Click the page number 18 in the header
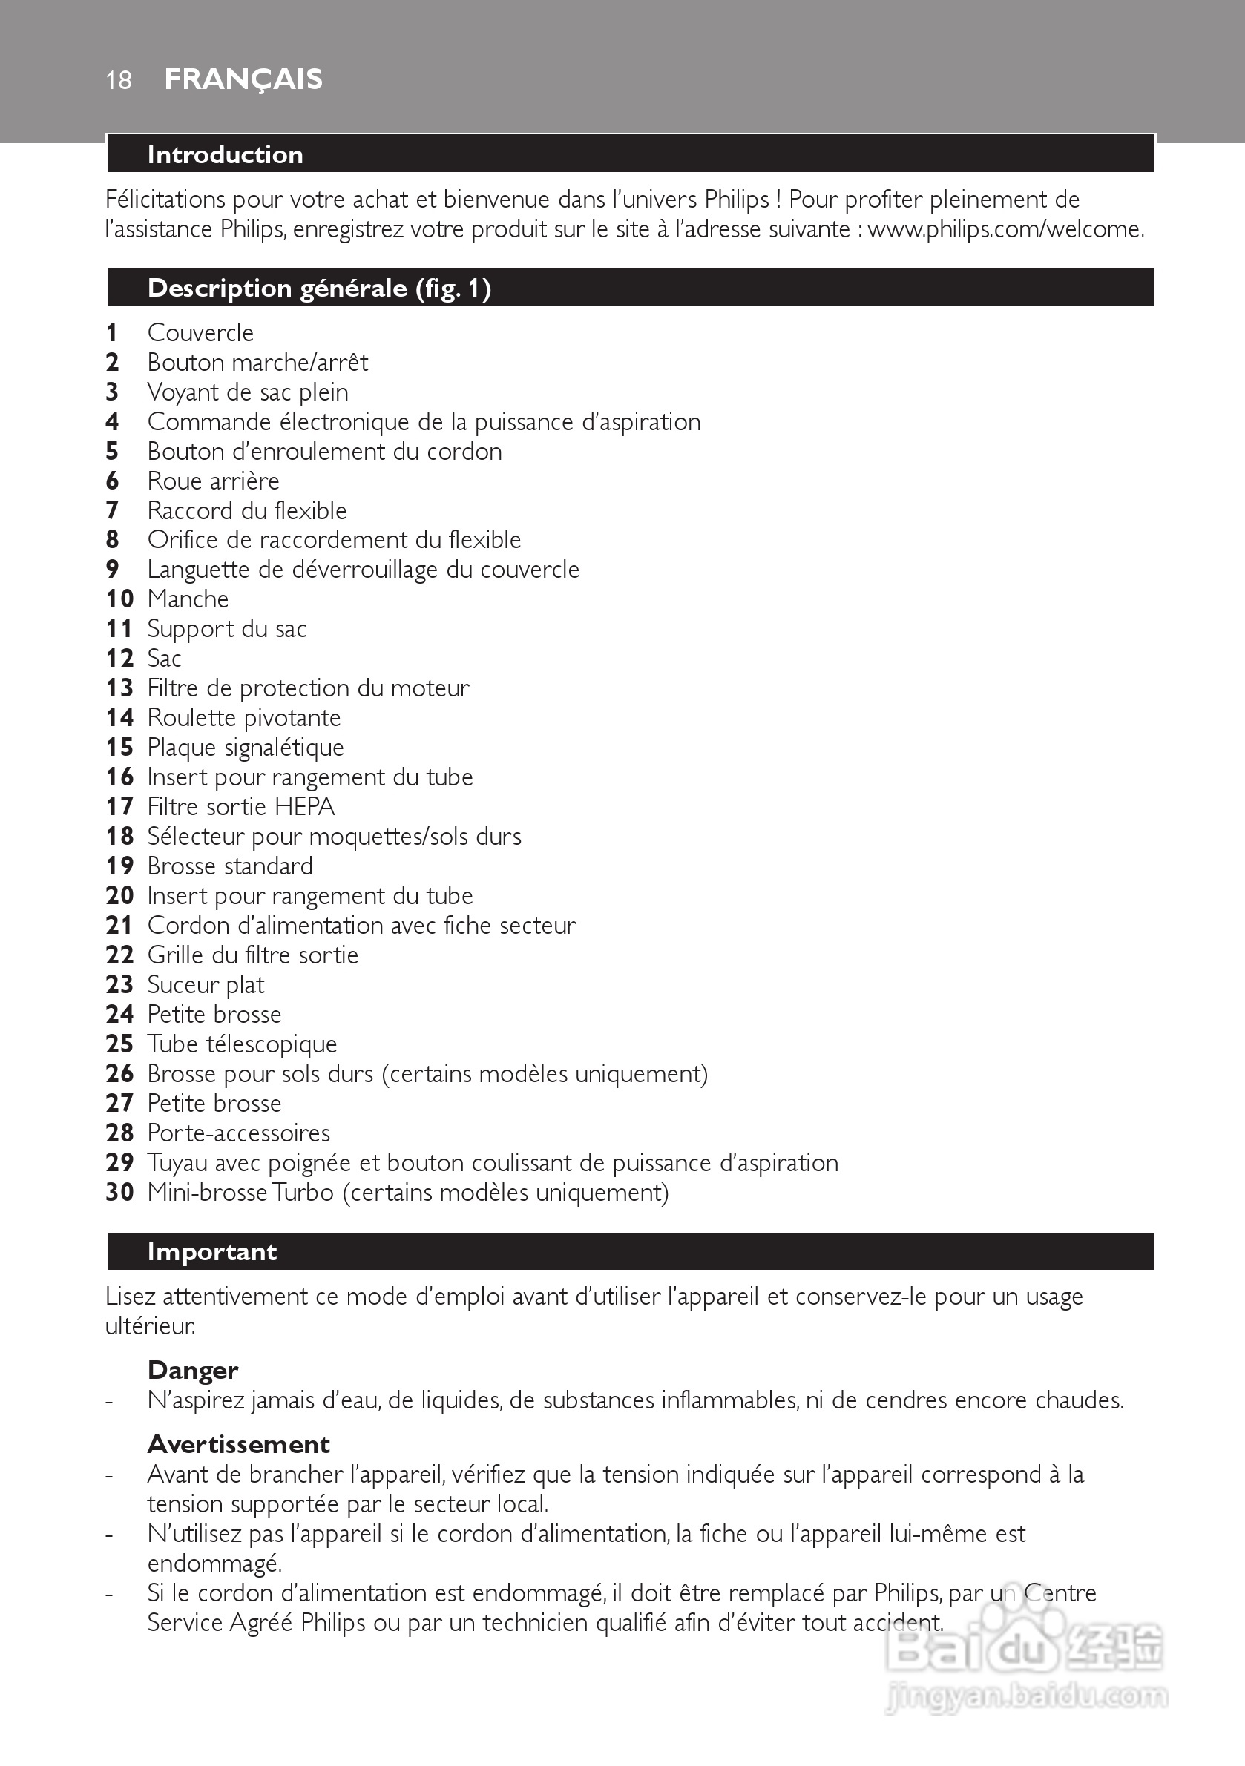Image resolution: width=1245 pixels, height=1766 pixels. (119, 80)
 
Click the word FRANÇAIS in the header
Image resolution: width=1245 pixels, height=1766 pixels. (243, 79)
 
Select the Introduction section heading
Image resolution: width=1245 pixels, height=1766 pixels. (225, 154)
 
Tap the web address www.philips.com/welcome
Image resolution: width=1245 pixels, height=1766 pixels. (1005, 229)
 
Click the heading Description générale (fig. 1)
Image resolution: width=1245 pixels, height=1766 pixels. (318, 289)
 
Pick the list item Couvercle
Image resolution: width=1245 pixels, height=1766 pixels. (200, 333)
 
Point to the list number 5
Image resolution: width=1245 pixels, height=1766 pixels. (112, 452)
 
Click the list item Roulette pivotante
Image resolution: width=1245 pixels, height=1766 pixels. (244, 718)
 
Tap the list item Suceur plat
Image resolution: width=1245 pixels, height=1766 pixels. (206, 984)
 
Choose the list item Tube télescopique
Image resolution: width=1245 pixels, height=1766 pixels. (242, 1044)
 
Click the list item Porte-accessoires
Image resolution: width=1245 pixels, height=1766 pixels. (238, 1133)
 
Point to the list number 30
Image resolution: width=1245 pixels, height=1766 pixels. (119, 1192)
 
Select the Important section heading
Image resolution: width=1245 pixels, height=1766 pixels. (211, 1251)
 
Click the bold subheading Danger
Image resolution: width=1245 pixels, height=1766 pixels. (192, 1370)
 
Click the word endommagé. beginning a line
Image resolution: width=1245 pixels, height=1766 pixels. (214, 1564)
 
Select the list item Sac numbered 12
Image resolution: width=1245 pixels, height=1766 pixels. (164, 659)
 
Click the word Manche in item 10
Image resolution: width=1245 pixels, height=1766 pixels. (188, 599)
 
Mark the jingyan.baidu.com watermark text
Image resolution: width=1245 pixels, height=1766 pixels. (1028, 1696)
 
